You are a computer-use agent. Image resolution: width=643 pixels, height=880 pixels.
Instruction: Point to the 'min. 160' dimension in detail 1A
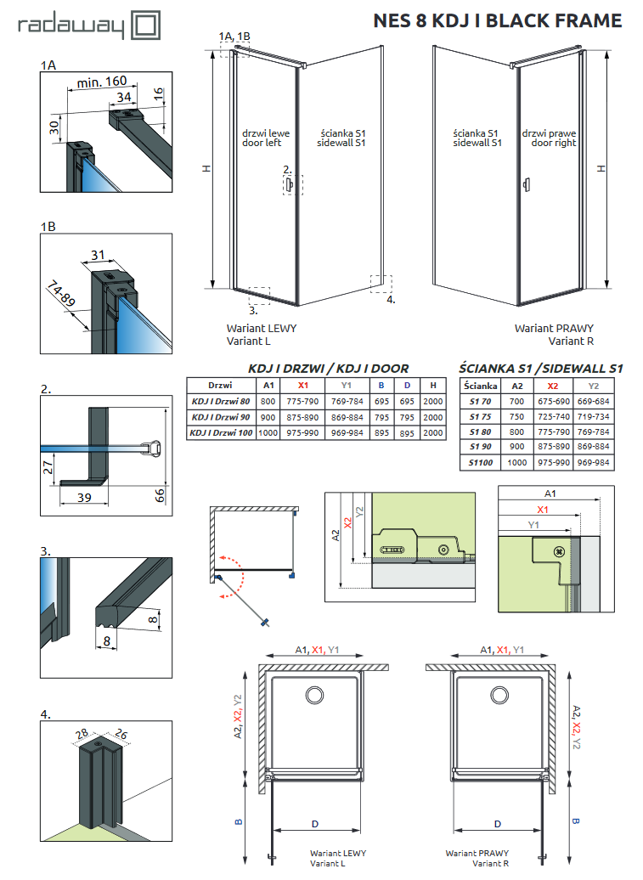click(x=102, y=82)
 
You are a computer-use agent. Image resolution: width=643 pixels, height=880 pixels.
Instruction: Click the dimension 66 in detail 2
click(x=161, y=494)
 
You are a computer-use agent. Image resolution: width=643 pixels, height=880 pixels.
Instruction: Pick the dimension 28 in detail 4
click(x=82, y=734)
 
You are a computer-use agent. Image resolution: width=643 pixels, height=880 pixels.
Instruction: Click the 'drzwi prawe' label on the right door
click(x=549, y=134)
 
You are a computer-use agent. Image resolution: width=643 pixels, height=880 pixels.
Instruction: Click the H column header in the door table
click(x=433, y=385)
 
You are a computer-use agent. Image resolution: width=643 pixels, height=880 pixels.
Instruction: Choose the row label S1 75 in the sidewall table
click(x=480, y=416)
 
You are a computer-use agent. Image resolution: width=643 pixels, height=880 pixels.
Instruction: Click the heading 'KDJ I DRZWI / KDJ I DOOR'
click(x=328, y=369)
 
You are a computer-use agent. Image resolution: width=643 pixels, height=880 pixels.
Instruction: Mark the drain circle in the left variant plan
click(x=313, y=696)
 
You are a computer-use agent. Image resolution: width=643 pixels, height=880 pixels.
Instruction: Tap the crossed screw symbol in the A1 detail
click(x=558, y=551)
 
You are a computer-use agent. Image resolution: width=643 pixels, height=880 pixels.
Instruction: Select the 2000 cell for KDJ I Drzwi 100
click(x=433, y=432)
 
